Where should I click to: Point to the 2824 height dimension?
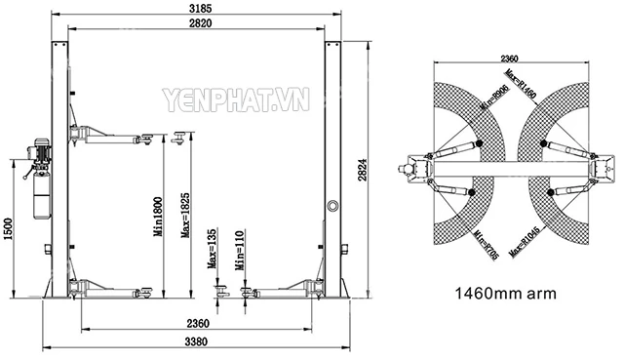click(x=363, y=173)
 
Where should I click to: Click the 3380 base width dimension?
click(x=203, y=341)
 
